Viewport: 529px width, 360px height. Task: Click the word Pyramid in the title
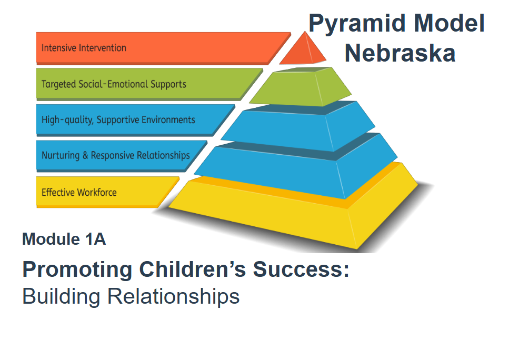(x=357, y=24)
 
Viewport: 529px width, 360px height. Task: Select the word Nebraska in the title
(x=400, y=53)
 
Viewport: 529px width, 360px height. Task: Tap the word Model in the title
(x=449, y=23)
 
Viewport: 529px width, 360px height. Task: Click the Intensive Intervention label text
(x=84, y=47)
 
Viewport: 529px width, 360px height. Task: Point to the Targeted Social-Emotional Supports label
(x=114, y=84)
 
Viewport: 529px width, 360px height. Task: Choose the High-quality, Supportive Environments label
(x=118, y=120)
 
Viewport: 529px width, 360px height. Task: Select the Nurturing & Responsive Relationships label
(x=116, y=156)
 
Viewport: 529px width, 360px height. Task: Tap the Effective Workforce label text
(x=79, y=192)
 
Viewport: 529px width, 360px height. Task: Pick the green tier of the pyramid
(x=300, y=87)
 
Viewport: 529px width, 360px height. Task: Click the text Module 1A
(x=64, y=239)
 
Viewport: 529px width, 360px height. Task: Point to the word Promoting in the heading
(x=77, y=270)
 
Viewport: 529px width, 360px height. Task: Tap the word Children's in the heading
(x=193, y=269)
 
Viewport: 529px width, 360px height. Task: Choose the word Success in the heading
(x=298, y=269)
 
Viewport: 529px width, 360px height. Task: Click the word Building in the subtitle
(x=61, y=297)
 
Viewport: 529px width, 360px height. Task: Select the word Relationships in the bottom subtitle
(x=173, y=296)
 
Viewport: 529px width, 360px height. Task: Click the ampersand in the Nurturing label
(x=85, y=155)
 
